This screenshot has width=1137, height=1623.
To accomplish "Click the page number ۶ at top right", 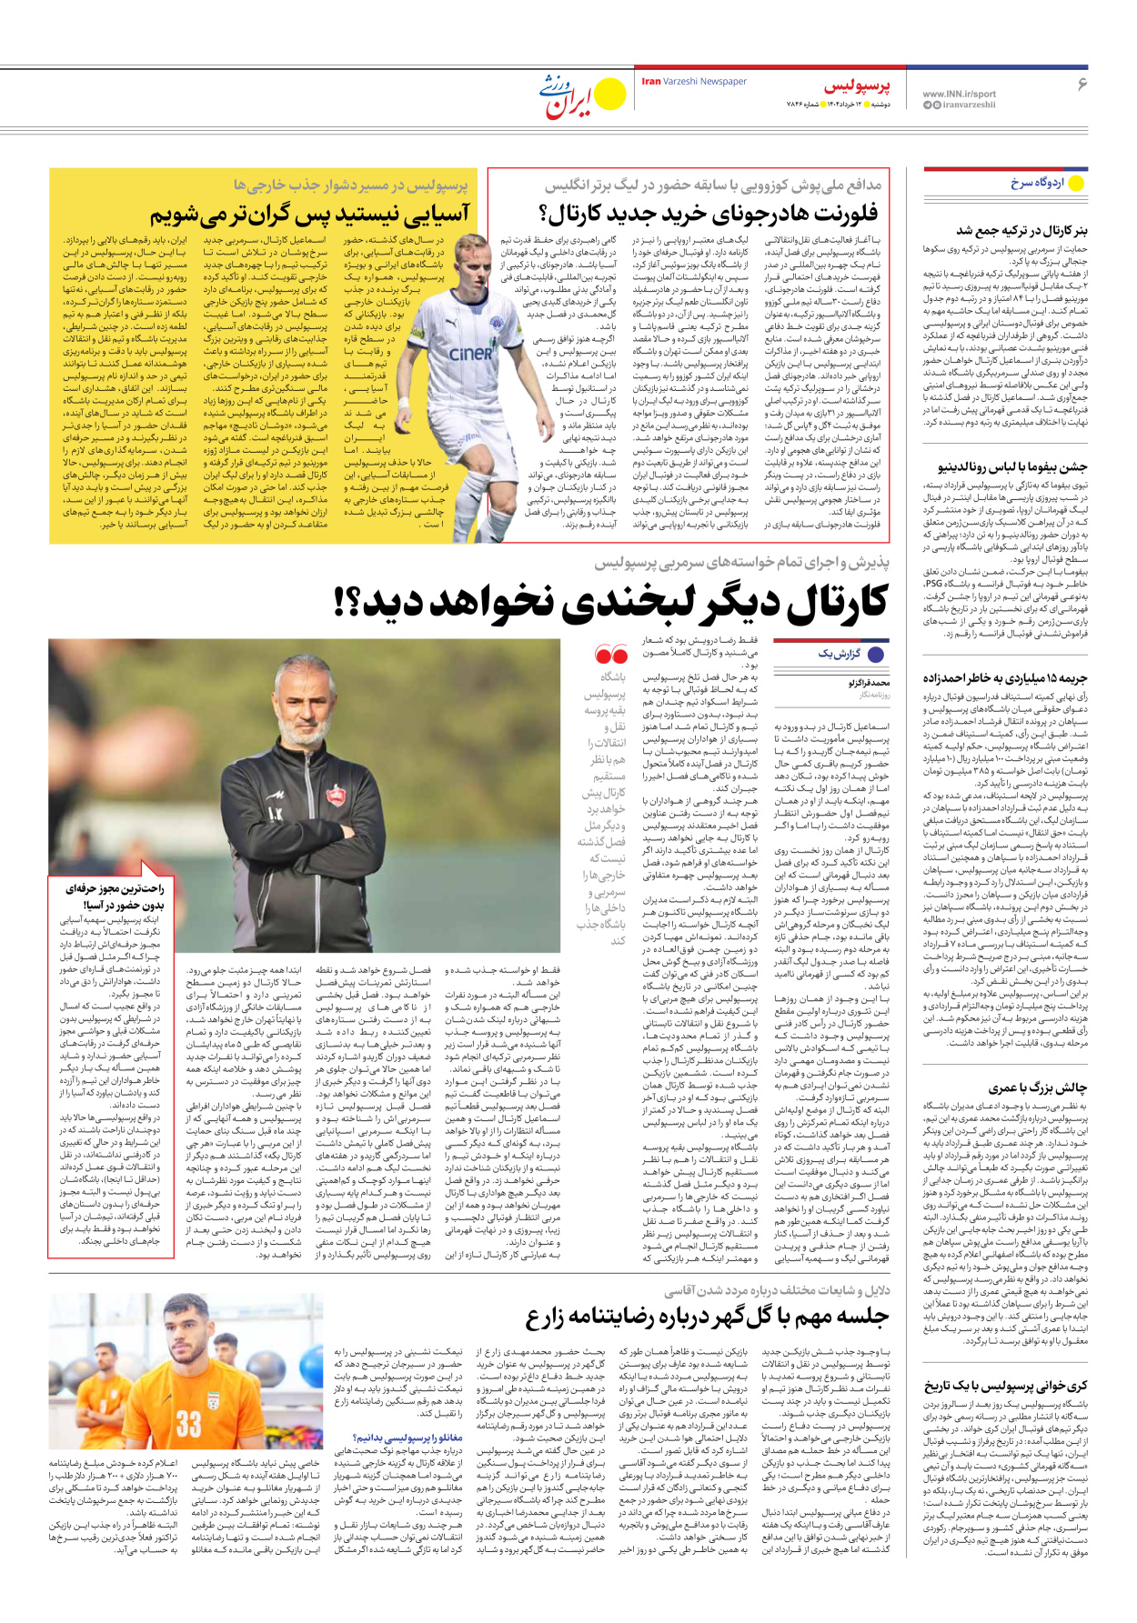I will click(x=1082, y=84).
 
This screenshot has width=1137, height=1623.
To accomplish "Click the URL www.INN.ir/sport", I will click(x=959, y=94).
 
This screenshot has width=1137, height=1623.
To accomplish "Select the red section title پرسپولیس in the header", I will click(x=857, y=86).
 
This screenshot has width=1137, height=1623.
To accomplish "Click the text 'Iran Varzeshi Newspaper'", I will click(x=694, y=82).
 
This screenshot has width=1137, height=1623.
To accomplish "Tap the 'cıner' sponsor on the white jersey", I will click(x=470, y=354).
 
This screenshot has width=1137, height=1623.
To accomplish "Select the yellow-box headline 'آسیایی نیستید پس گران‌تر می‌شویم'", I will click(x=310, y=215).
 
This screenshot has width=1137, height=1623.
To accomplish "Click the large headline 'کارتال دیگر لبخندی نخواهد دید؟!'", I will click(x=610, y=603).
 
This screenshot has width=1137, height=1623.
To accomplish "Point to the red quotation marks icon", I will click(x=611, y=655).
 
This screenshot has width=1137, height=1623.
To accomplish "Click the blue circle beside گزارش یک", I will click(x=877, y=654).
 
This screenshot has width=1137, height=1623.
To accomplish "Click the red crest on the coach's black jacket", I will click(x=335, y=796).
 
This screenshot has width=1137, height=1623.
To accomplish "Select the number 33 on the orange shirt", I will click(x=188, y=1423).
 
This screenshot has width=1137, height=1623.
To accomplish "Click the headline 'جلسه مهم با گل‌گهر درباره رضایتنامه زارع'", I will click(x=707, y=1317).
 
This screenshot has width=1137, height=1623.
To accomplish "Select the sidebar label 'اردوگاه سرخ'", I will click(x=1037, y=183).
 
